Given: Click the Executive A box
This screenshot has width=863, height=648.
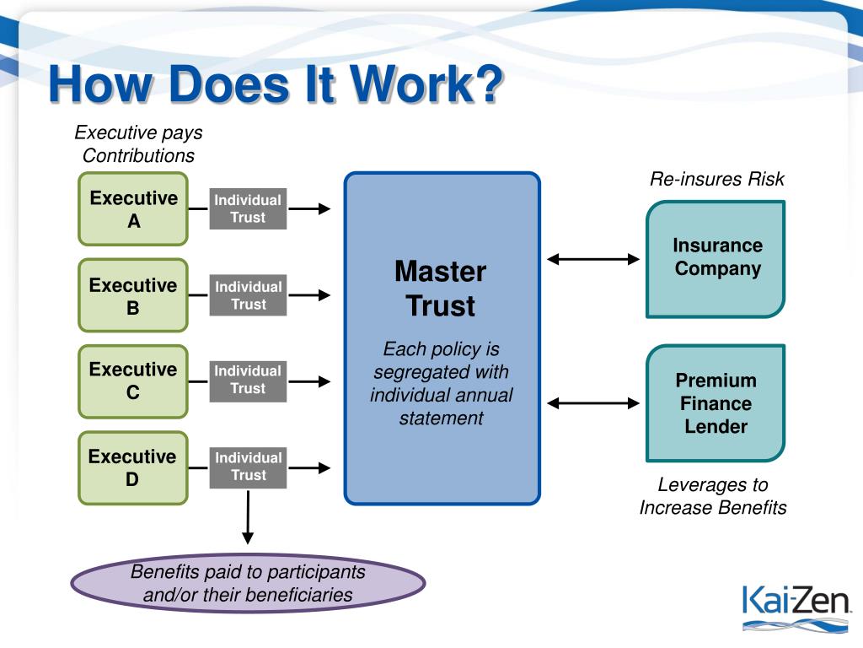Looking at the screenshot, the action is [133, 209].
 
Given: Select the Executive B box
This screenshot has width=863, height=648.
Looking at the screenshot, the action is [133, 295].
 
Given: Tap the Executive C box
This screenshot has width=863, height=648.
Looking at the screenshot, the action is [133, 381].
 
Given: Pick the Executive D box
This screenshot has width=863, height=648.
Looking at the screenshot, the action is [133, 467].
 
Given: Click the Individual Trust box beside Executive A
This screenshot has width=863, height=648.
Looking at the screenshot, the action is [248, 209].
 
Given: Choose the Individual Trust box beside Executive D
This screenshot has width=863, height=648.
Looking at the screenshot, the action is [248, 467].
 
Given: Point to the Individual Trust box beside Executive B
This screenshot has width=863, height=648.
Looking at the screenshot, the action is [248, 295].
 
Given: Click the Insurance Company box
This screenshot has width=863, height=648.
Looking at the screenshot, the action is [716, 259].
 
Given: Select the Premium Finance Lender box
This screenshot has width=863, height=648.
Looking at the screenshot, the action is [716, 403].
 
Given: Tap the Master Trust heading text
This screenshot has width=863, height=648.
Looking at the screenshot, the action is [441, 289].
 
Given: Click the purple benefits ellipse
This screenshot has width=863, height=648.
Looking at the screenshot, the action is [248, 584].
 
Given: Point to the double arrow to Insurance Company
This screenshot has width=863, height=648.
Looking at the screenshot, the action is [593, 259].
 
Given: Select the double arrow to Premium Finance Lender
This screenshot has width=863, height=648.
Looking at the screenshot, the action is [593, 403].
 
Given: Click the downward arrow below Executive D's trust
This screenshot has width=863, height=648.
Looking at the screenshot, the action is [248, 517].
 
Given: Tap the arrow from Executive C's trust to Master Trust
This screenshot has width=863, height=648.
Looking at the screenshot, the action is [309, 381].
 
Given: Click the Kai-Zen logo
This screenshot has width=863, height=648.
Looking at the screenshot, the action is [796, 607].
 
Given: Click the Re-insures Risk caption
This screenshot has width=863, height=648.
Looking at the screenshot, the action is [716, 179].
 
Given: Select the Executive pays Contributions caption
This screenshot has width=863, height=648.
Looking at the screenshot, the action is [138, 143].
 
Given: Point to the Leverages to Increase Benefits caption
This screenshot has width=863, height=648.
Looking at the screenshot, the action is [713, 496].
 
